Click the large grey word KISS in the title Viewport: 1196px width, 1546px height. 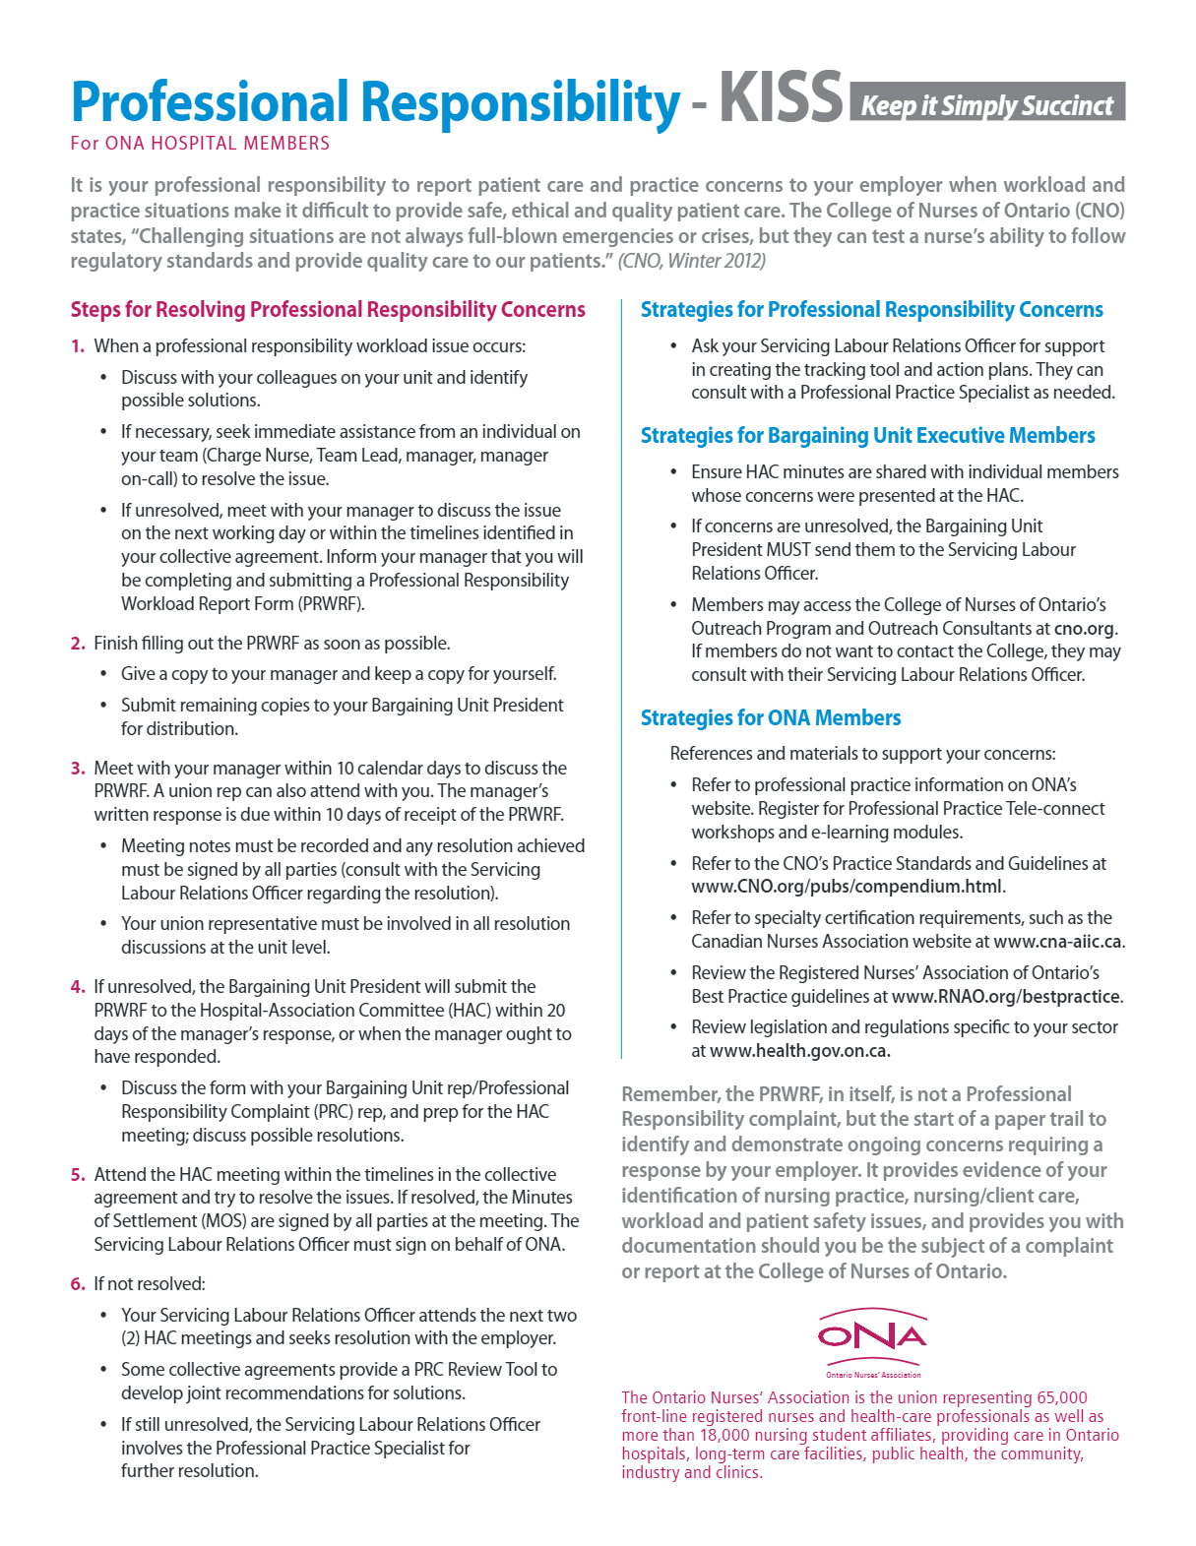click(781, 98)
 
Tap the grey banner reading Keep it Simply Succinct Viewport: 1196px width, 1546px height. click(986, 103)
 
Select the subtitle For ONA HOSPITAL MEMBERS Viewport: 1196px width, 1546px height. click(200, 144)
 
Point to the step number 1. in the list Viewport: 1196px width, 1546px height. click(78, 346)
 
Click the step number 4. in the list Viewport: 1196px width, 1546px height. click(78, 987)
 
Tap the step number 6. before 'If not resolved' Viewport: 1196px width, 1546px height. click(78, 1284)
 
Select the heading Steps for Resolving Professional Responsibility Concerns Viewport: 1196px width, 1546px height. click(328, 310)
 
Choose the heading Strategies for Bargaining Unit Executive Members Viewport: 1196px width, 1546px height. click(867, 436)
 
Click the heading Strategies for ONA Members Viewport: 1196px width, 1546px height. click(771, 718)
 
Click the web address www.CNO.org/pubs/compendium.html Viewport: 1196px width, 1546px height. click(847, 887)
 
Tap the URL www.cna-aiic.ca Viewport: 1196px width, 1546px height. click(1057, 942)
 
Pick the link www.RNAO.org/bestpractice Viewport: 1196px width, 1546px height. click(1005, 997)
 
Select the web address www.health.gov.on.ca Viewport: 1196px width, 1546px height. click(799, 1051)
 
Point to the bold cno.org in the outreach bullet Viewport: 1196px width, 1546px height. click(1085, 629)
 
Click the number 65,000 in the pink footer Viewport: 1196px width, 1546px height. click(1061, 1397)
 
